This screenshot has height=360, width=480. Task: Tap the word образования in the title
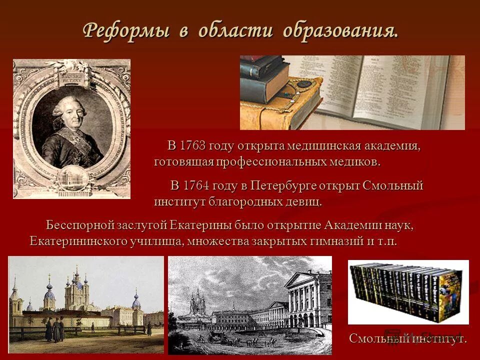[340, 31]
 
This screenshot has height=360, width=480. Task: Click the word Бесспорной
[80, 225]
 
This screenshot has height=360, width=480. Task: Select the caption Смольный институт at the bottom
[407, 338]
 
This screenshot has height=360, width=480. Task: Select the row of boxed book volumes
[408, 292]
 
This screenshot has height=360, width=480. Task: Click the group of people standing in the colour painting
[54, 330]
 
